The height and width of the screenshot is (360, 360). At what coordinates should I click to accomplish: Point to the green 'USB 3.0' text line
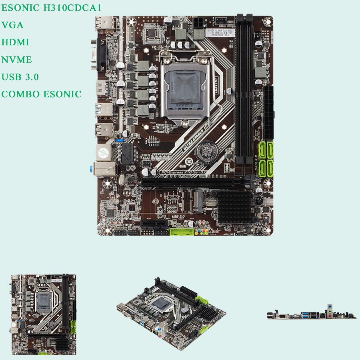pos(20,77)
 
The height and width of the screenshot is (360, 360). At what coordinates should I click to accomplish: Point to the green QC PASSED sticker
pos(103,152)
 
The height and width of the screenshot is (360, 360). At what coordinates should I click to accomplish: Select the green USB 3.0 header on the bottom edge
pos(181,232)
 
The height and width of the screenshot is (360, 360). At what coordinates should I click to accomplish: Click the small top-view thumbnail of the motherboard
pos(43,315)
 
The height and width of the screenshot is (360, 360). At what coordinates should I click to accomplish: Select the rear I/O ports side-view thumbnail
pos(311,314)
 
